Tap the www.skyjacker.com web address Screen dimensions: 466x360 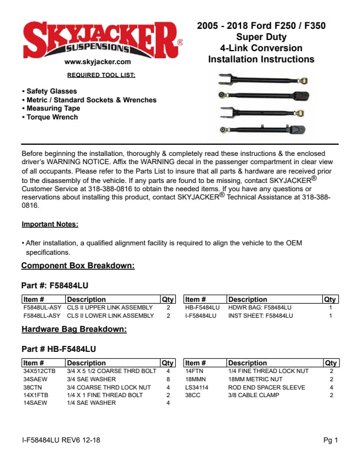coord(98,61)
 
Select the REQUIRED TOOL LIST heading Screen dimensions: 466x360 coord(101,75)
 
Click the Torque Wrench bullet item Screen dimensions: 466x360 coord(52,117)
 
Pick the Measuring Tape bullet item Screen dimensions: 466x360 coord(54,109)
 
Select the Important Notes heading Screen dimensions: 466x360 coord(50,224)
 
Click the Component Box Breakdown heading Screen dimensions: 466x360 coord(78,266)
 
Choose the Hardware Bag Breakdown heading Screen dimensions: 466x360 coord(74,329)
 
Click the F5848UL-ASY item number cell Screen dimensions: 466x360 coord(42,308)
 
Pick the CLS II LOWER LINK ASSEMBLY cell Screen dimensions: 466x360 coord(110,316)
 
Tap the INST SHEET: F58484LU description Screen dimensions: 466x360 coord(260,316)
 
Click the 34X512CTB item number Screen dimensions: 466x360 coord(39,371)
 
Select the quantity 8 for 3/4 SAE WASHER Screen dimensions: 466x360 coord(168,380)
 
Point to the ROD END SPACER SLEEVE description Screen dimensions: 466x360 coord(266,387)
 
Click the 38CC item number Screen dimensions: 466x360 coord(194,395)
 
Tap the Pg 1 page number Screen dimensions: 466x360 coord(331,440)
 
